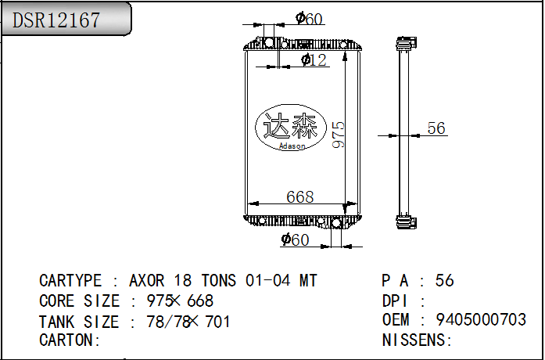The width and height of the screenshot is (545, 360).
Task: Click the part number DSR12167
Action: tap(57, 20)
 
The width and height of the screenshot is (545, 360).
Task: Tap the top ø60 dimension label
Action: tap(309, 19)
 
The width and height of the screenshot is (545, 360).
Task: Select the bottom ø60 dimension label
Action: tap(296, 239)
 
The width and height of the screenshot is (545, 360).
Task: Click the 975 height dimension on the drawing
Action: tap(338, 134)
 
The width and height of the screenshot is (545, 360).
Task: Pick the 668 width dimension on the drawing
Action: tap(299, 196)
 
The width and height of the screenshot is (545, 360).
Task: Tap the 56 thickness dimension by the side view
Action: tap(436, 128)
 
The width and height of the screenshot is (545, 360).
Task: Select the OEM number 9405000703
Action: tap(481, 320)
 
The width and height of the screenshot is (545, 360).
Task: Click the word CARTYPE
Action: tap(70, 281)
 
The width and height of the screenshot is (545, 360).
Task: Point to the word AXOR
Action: tap(147, 281)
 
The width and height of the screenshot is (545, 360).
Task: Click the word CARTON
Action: tap(67, 340)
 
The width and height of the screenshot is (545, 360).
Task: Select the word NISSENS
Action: tap(414, 340)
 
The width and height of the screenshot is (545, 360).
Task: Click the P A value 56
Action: tap(444, 281)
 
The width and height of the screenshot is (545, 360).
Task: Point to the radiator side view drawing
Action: tap(403, 131)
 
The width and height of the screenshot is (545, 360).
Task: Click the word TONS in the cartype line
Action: tap(221, 281)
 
